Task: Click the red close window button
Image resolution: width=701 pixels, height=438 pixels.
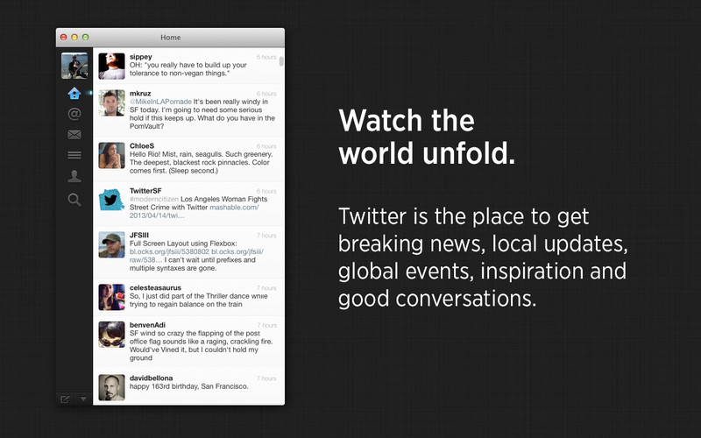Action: click(x=63, y=38)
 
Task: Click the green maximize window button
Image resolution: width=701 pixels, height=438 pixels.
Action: click(x=85, y=38)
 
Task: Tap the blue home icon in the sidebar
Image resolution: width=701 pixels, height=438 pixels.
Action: click(x=74, y=94)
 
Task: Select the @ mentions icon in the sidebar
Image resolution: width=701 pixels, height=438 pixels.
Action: click(x=74, y=114)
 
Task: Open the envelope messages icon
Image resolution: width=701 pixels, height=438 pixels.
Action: click(x=74, y=135)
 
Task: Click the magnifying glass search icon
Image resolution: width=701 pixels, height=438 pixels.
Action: click(x=74, y=200)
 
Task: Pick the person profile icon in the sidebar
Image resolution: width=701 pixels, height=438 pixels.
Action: click(x=74, y=177)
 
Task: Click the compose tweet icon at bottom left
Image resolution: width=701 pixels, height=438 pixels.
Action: click(x=65, y=399)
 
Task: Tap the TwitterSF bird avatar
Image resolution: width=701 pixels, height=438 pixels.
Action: click(x=111, y=200)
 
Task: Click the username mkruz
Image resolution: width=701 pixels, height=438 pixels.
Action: click(x=140, y=94)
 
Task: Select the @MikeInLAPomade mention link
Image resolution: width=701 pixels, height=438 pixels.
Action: click(x=160, y=102)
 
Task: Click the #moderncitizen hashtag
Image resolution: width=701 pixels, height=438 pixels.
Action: click(x=154, y=200)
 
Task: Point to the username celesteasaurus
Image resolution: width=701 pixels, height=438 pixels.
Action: click(x=155, y=288)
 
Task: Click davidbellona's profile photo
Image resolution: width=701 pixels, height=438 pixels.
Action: click(x=111, y=387)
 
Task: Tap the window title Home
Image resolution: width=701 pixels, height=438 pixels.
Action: click(x=170, y=38)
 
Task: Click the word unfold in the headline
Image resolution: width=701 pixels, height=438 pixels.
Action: click(x=469, y=152)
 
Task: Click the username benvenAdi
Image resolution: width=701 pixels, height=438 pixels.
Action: click(x=147, y=325)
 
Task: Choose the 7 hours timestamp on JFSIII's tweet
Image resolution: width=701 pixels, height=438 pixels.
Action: click(x=266, y=236)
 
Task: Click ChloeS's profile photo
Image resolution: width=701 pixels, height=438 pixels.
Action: click(x=111, y=156)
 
